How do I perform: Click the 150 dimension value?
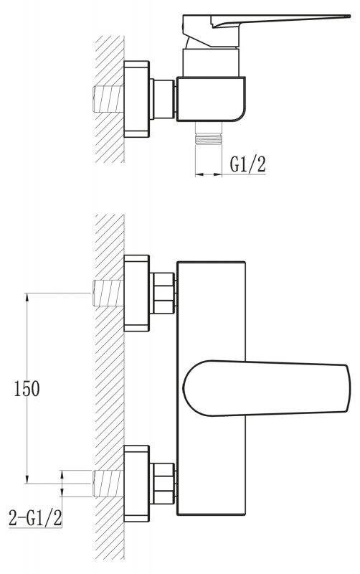(x=27, y=388)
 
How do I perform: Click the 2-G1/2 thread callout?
(x=35, y=518)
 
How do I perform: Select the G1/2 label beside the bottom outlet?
(x=247, y=164)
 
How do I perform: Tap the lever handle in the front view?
(x=266, y=388)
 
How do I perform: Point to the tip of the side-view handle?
(x=349, y=16)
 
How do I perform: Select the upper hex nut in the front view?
(x=163, y=293)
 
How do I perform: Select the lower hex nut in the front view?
(x=163, y=483)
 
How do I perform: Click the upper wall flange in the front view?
(x=136, y=293)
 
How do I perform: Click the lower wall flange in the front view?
(x=136, y=483)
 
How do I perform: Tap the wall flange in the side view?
(x=136, y=99)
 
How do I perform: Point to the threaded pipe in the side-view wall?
(x=108, y=98)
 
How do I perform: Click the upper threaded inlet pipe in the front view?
(x=108, y=293)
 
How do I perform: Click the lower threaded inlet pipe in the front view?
(x=108, y=483)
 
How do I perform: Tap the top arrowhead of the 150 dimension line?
(x=27, y=296)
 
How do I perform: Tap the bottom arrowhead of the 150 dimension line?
(x=27, y=479)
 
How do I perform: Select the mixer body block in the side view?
(x=211, y=99)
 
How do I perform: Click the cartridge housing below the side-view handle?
(x=211, y=62)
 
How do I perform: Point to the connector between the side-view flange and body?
(x=163, y=99)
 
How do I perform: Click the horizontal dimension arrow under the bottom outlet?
(x=209, y=174)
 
